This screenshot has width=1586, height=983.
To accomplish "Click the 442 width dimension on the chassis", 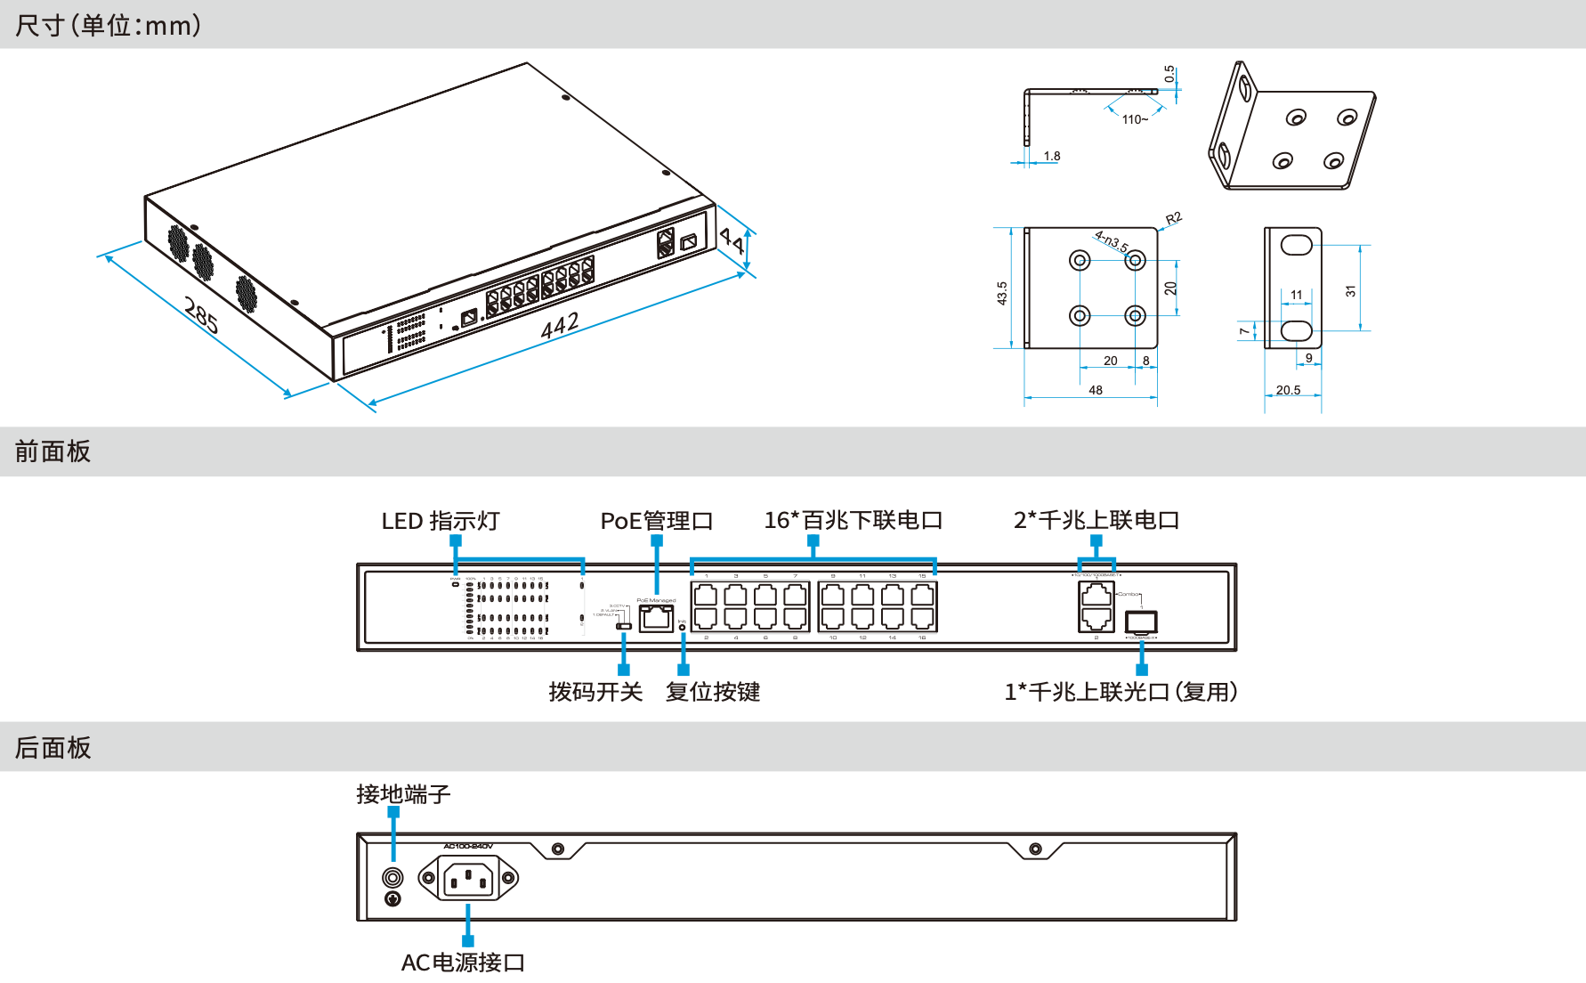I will click(x=560, y=326).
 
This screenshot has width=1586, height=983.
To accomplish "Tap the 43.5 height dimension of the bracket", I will click(x=1002, y=293).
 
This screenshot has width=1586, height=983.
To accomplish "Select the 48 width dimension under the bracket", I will click(x=1096, y=390).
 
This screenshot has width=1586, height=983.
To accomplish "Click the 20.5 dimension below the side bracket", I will click(x=1288, y=390).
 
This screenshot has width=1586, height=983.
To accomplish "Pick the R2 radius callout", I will click(x=1174, y=218).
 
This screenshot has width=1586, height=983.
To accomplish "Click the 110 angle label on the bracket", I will click(x=1134, y=119).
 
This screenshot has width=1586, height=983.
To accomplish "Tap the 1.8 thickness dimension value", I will click(x=1052, y=156).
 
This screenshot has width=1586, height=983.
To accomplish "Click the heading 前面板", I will click(x=53, y=451).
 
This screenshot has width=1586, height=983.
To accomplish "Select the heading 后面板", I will click(x=53, y=748).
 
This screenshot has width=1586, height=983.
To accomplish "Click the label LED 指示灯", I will click(x=441, y=521).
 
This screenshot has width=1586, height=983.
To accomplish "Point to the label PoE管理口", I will click(x=657, y=521).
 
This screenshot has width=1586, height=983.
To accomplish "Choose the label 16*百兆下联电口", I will click(x=853, y=520).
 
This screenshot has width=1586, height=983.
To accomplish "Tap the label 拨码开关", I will click(x=595, y=692).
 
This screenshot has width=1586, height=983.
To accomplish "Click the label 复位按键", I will click(x=713, y=692).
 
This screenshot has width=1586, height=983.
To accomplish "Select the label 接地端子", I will click(x=403, y=794).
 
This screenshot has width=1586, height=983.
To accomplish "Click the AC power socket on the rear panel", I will click(x=468, y=880).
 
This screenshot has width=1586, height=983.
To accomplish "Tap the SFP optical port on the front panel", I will click(x=1141, y=621).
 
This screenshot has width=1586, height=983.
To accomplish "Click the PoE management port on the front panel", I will click(x=657, y=617).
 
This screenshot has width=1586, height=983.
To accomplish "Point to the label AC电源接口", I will click(x=463, y=963).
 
